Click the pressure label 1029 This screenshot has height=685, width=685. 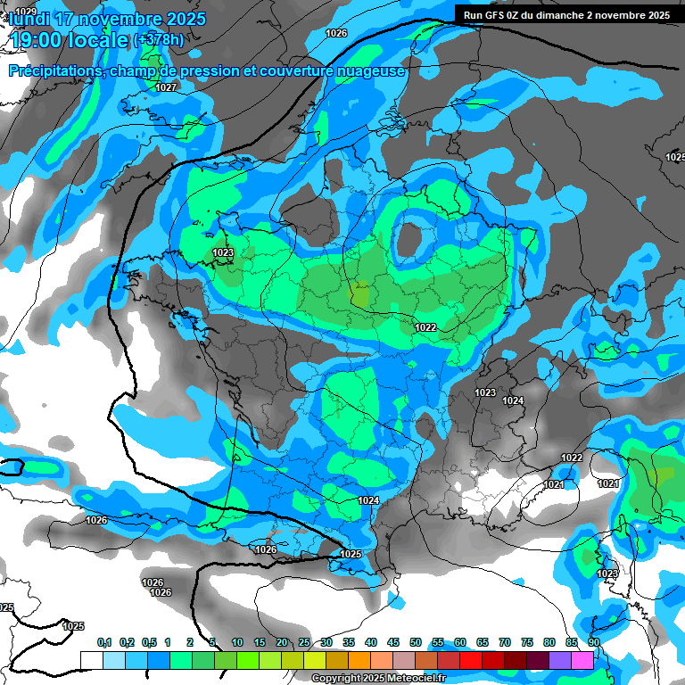(26, 10)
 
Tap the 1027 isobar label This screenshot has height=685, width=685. (166, 87)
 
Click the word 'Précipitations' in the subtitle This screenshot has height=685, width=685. (54, 70)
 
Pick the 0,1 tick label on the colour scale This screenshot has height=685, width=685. (104, 642)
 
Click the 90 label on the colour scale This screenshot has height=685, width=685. (593, 642)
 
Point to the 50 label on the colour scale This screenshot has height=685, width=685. (416, 642)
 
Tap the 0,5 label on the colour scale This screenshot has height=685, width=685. (149, 642)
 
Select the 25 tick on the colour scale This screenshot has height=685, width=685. (304, 642)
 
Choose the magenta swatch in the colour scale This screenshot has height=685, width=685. (582, 660)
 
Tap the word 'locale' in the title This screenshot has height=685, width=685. (98, 40)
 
